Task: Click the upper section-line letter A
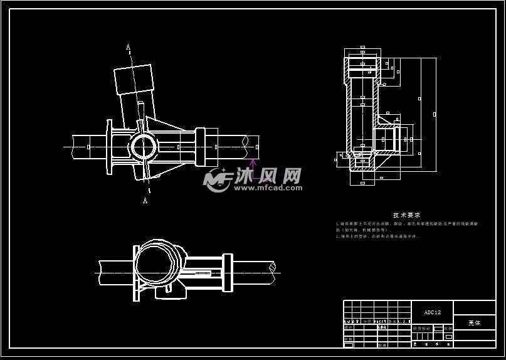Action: pos(129,46)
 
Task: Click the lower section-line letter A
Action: pos(145,201)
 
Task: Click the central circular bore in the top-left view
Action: pos(143,147)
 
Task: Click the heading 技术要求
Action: pos(406,215)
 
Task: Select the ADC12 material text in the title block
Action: pos(433,312)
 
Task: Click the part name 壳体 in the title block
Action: pos(474,323)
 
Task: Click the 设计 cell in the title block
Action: pos(349,327)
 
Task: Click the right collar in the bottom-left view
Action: pos(228,273)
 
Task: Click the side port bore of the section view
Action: pos(384,139)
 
